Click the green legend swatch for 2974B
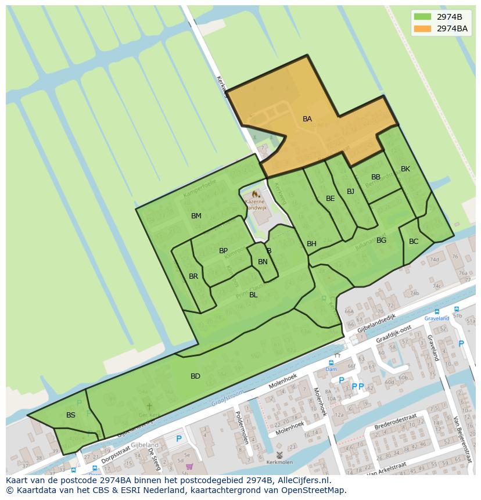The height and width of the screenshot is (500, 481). pos(422,16)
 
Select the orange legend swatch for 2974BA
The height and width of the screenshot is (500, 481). pos(422,28)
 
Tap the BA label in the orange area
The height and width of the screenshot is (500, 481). pos(307,119)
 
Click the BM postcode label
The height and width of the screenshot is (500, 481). pos(196,216)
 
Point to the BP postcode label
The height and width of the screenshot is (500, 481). pos(223,251)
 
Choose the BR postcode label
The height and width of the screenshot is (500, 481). pos(193,276)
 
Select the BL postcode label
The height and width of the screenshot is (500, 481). pos(253,295)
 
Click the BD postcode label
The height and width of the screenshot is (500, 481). pos(195,376)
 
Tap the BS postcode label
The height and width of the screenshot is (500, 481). pos(71,415)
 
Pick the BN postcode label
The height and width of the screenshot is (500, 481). pos(263,262)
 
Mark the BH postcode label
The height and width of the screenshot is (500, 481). pos(311,244)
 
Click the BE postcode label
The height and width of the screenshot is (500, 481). pos(330,199)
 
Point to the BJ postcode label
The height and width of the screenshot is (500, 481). pos(350,192)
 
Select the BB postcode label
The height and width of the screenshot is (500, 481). pos(376,177)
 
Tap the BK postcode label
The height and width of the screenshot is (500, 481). pos(405,169)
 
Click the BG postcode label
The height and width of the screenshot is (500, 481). pos(381,240)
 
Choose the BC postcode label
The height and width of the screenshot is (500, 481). pos(414,242)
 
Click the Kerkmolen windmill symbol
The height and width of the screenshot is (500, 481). pos(279,455)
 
